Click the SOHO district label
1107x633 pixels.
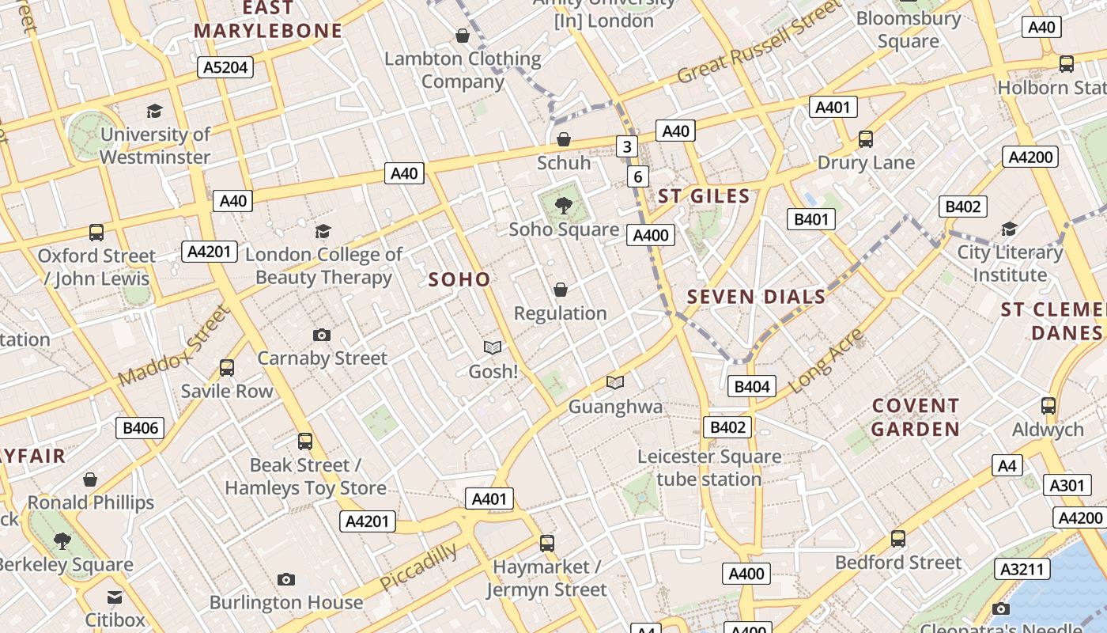[459, 279]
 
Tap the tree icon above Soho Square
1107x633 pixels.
[563, 207]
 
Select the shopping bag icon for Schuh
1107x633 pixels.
[564, 140]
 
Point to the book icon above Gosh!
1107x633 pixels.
[493, 347]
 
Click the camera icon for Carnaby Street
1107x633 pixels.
[321, 335]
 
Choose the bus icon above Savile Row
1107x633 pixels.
[227, 368]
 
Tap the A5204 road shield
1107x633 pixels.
[225, 67]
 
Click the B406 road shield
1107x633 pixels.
[141, 428]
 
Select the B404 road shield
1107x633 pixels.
[751, 386]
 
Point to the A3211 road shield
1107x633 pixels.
[1024, 569]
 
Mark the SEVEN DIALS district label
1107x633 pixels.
[757, 298]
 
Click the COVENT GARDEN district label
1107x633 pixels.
[916, 418]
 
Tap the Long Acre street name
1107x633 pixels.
[827, 361]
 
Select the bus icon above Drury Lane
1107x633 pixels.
[866, 139]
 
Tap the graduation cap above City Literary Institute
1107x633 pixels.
[1009, 229]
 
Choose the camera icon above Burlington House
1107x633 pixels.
[286, 580]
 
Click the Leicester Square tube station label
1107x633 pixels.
[709, 468]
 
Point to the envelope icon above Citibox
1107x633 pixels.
[115, 597]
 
